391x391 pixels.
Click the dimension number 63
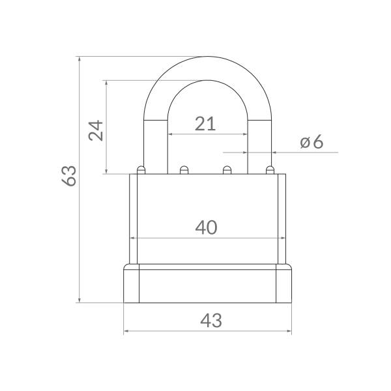(69, 176)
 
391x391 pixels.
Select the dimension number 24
(96, 130)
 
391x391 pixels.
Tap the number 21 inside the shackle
(205, 124)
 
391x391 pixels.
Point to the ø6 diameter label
(311, 142)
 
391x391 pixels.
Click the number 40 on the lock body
(206, 227)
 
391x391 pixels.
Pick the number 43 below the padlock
(211, 321)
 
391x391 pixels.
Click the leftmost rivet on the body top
(141, 170)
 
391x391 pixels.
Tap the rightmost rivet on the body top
(270, 170)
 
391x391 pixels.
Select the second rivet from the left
(184, 170)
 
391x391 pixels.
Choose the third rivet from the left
(227, 170)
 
